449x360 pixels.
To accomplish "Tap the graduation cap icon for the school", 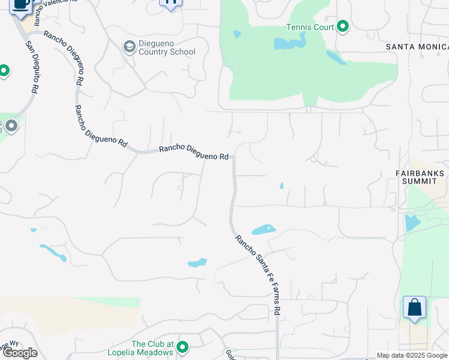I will click(x=128, y=47).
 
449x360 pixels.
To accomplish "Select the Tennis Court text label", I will click(x=310, y=26).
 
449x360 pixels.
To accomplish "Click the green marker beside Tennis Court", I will click(x=343, y=26).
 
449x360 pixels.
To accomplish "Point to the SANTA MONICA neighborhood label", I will click(x=417, y=46).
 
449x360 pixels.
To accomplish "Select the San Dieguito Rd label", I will click(x=32, y=66).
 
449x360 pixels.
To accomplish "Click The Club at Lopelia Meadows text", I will click(x=152, y=348).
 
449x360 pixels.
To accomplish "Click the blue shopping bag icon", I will click(x=414, y=308).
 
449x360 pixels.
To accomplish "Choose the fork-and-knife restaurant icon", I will click(x=170, y=3).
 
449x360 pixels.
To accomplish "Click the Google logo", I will click(x=20, y=353).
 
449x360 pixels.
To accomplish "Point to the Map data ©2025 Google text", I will click(x=412, y=355).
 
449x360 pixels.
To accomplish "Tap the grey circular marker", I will click(x=11, y=127).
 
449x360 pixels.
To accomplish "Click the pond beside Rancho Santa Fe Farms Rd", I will click(x=263, y=229).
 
